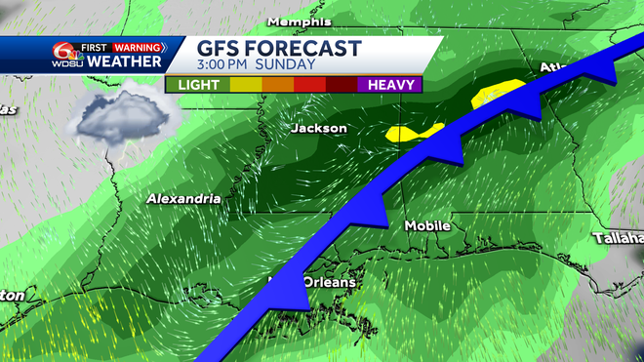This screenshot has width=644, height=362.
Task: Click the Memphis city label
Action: click(x=299, y=22)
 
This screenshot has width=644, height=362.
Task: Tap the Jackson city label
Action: click(x=318, y=128)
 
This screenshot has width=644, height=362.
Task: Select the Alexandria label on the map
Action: click(x=182, y=198)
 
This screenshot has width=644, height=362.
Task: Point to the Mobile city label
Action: click(x=427, y=225)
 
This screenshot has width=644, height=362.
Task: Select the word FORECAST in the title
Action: click(x=307, y=49)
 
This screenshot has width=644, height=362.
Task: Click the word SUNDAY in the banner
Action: click(x=288, y=65)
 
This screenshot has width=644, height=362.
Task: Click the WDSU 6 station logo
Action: click(x=64, y=54)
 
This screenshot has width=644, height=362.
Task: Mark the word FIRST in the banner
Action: click(x=93, y=47)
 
